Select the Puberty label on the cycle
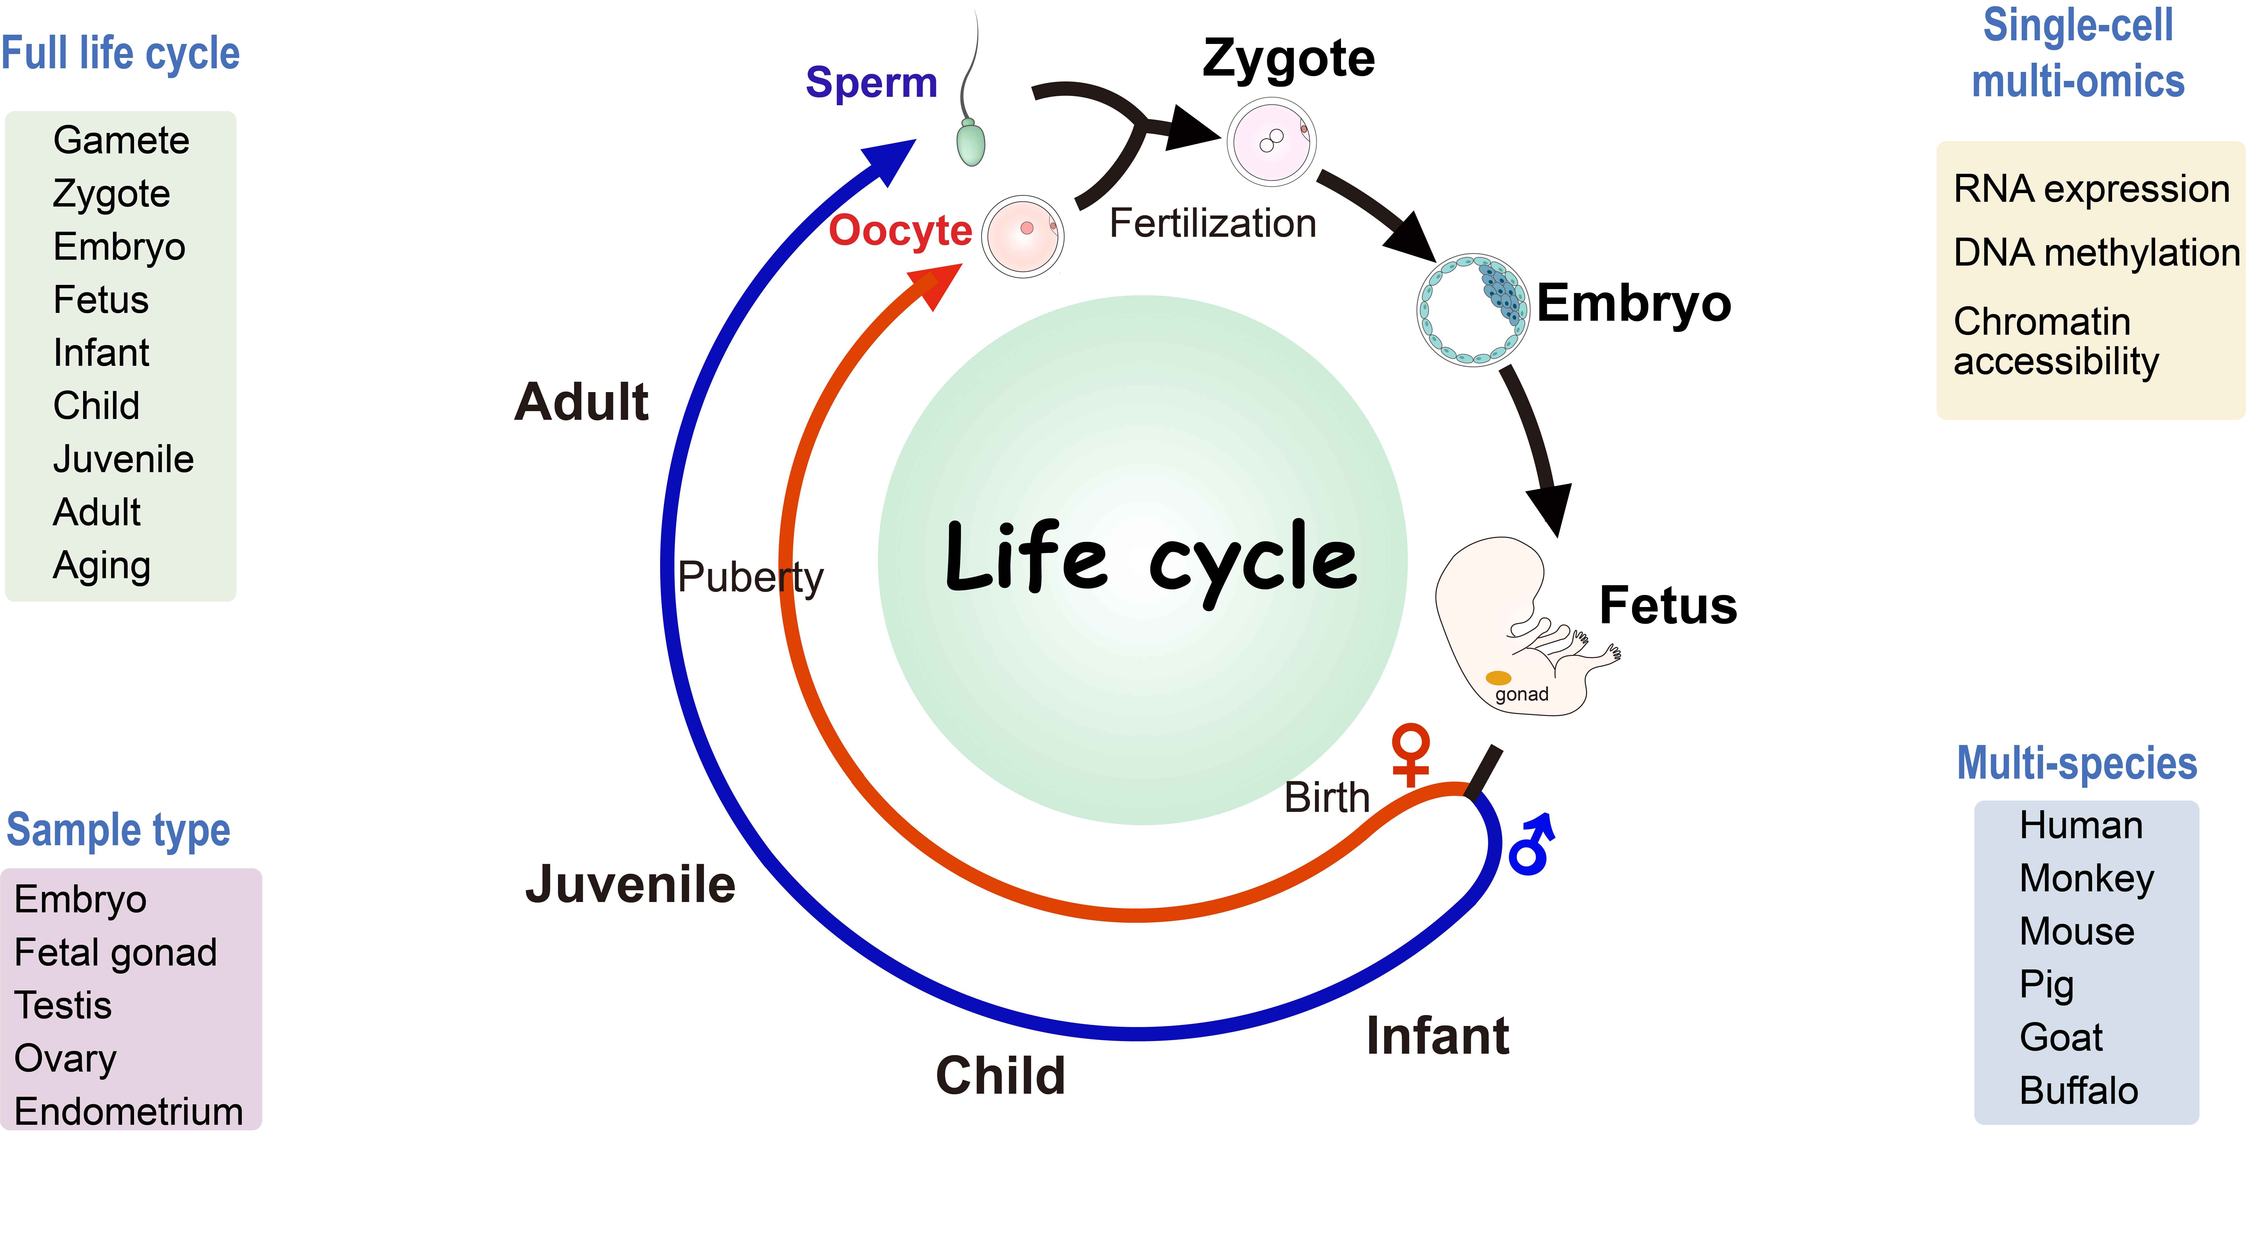750,577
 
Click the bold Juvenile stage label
630,885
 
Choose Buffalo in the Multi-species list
2079,1091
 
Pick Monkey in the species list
2086,879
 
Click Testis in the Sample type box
63,1005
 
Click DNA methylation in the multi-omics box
2096,253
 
